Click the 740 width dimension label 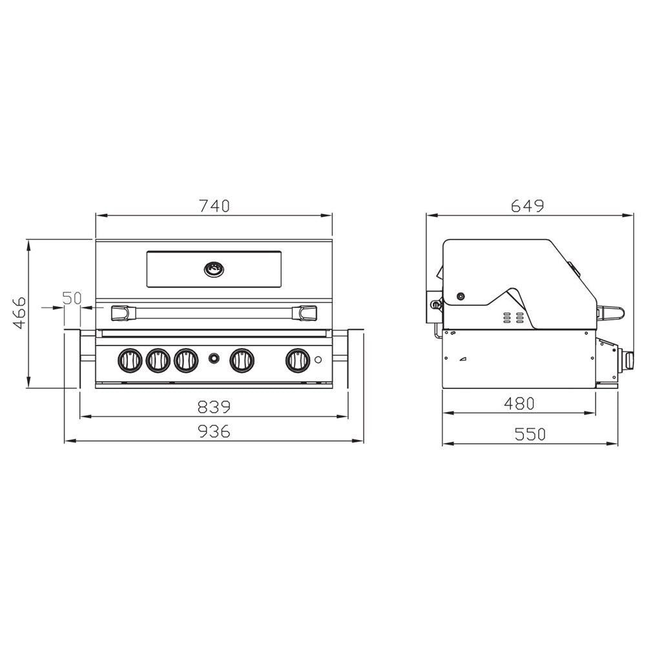pyautogui.click(x=214, y=206)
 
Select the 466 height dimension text pyautogui.click(x=19, y=313)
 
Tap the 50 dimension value pyautogui.click(x=72, y=298)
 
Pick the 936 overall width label pyautogui.click(x=214, y=432)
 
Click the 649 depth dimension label pyautogui.click(x=528, y=206)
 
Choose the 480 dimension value pyautogui.click(x=519, y=403)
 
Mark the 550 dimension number pyautogui.click(x=530, y=434)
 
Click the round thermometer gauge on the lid pyautogui.click(x=214, y=268)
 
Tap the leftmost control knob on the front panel pyautogui.click(x=130, y=360)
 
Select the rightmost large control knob pyautogui.click(x=298, y=360)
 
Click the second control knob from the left pyautogui.click(x=158, y=360)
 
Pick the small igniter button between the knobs pyautogui.click(x=214, y=359)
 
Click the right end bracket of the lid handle pyautogui.click(x=306, y=313)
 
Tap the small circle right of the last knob pyautogui.click(x=318, y=360)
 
